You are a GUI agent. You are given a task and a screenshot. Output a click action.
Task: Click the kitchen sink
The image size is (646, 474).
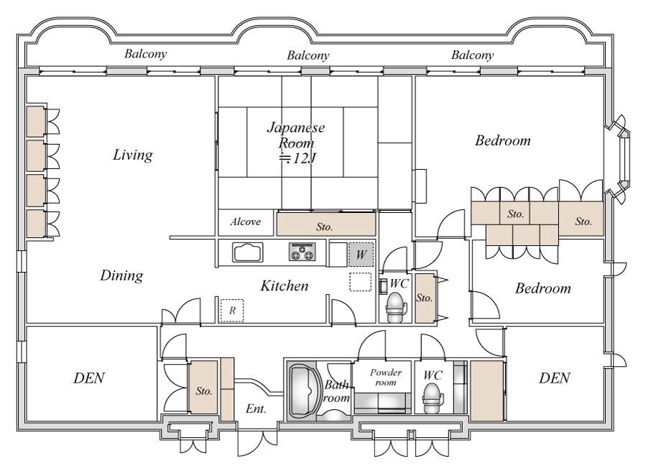coord(248,252)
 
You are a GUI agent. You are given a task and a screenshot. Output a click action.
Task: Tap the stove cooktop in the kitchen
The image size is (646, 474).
coord(302,252)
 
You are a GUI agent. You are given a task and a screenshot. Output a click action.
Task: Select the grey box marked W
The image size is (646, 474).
coord(361,254)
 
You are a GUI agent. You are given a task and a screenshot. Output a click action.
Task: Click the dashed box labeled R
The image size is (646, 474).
coord(232,310)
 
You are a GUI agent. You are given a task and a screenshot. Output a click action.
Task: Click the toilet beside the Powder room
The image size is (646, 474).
coord(433,398)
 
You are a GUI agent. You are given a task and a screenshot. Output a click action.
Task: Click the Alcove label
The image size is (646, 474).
coord(246,222)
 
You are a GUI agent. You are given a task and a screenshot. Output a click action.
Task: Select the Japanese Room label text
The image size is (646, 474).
coord(296,142)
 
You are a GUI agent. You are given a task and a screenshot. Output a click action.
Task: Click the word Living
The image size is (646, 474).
coord(133,155)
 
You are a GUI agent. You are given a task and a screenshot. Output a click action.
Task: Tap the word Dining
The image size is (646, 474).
coord(121,275)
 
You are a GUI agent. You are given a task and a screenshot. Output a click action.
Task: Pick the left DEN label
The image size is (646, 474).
coord(89,378)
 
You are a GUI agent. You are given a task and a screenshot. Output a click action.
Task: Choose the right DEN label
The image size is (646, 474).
coord(555,378)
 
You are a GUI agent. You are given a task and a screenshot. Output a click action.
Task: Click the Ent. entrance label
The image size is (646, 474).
coord(256,409)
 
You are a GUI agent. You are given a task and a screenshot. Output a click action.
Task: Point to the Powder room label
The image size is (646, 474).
coord(386,377)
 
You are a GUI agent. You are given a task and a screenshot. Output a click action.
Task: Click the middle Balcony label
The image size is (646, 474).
coord(308,55)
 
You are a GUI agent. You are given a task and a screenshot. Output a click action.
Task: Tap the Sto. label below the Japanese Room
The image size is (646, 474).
coord(325,227)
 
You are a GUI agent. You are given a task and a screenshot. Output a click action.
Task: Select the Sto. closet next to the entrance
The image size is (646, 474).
coord(203,388)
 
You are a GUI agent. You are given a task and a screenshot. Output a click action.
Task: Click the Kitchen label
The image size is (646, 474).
coord(285,286)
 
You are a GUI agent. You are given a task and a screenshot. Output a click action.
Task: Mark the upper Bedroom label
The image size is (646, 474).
coord(502,141)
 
